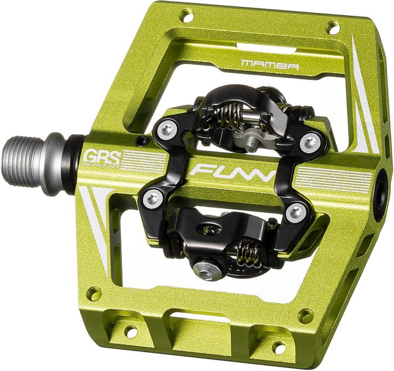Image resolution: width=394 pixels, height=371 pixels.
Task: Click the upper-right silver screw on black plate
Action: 311,143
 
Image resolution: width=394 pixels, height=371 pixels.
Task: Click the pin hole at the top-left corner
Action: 187,16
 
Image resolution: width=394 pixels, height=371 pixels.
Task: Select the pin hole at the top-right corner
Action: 333,27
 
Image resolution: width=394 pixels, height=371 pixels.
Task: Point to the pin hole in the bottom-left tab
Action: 131,330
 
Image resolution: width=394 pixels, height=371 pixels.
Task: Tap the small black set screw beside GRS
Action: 144,141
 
